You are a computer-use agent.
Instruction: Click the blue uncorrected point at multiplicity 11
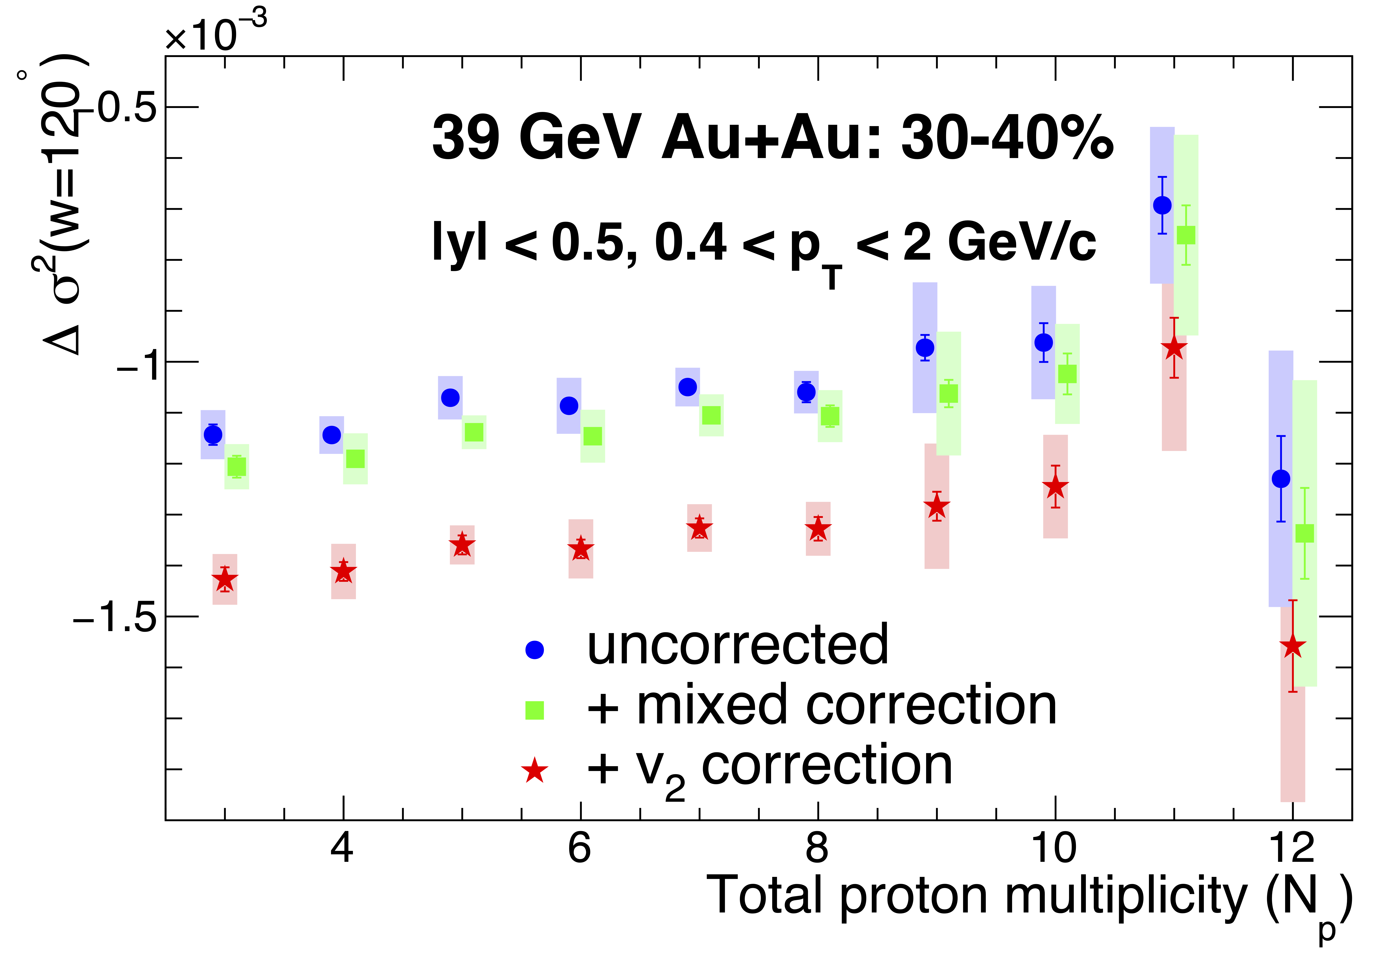coord(1162,205)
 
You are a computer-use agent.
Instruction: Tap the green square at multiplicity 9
coord(948,393)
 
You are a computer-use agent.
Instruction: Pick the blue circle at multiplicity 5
coord(450,397)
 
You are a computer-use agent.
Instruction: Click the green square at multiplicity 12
coord(1305,533)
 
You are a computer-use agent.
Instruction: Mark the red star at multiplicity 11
coord(1174,348)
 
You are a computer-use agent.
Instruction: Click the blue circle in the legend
coord(534,650)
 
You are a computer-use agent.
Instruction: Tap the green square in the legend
coord(534,710)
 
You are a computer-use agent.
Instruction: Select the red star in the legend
coord(534,770)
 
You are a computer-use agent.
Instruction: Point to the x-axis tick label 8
coord(817,848)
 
